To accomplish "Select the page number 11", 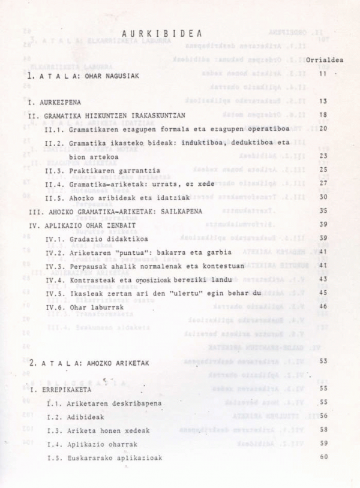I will tap(323, 74).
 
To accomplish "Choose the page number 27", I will tap(323, 183).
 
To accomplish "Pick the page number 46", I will tap(323, 306).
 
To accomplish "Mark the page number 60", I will tap(324, 457).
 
